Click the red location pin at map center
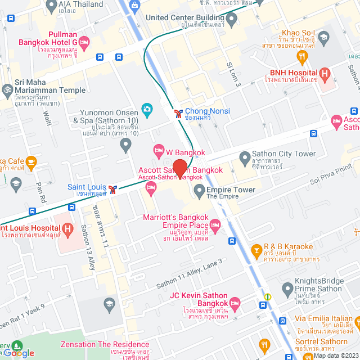180,169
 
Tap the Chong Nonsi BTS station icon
178,112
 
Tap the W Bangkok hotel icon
159,150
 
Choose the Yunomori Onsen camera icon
147,109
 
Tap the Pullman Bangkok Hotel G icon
84,43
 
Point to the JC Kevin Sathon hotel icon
235,302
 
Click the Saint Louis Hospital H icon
68,229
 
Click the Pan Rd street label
41,192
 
